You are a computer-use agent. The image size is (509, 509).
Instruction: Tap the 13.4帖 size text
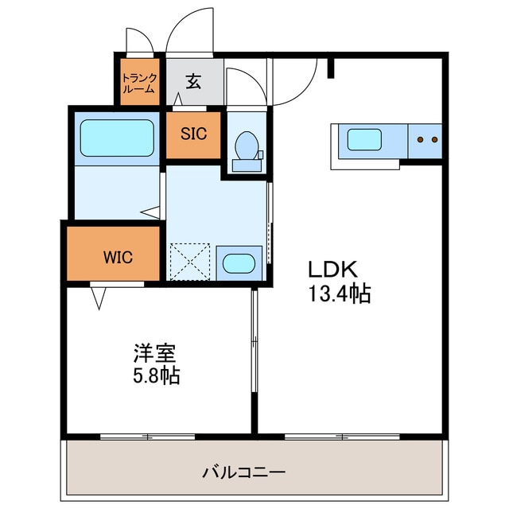coord(340,295)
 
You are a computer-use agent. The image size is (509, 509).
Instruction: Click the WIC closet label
coord(117,257)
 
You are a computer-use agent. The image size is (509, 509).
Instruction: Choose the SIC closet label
coord(193,134)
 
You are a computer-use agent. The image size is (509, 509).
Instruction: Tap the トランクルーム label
coord(138,84)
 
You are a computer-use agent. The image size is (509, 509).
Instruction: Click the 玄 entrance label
coord(193,81)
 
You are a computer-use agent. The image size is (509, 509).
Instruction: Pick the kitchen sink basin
coord(366,141)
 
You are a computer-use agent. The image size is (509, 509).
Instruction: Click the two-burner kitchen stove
coord(425,141)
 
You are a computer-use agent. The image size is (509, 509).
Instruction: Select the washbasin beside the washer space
coord(239,262)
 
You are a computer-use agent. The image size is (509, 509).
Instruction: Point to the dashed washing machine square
coord(191,260)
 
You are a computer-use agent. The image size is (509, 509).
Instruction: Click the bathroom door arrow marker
coord(152,212)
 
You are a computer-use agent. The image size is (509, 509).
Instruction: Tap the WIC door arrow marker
coord(99,297)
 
